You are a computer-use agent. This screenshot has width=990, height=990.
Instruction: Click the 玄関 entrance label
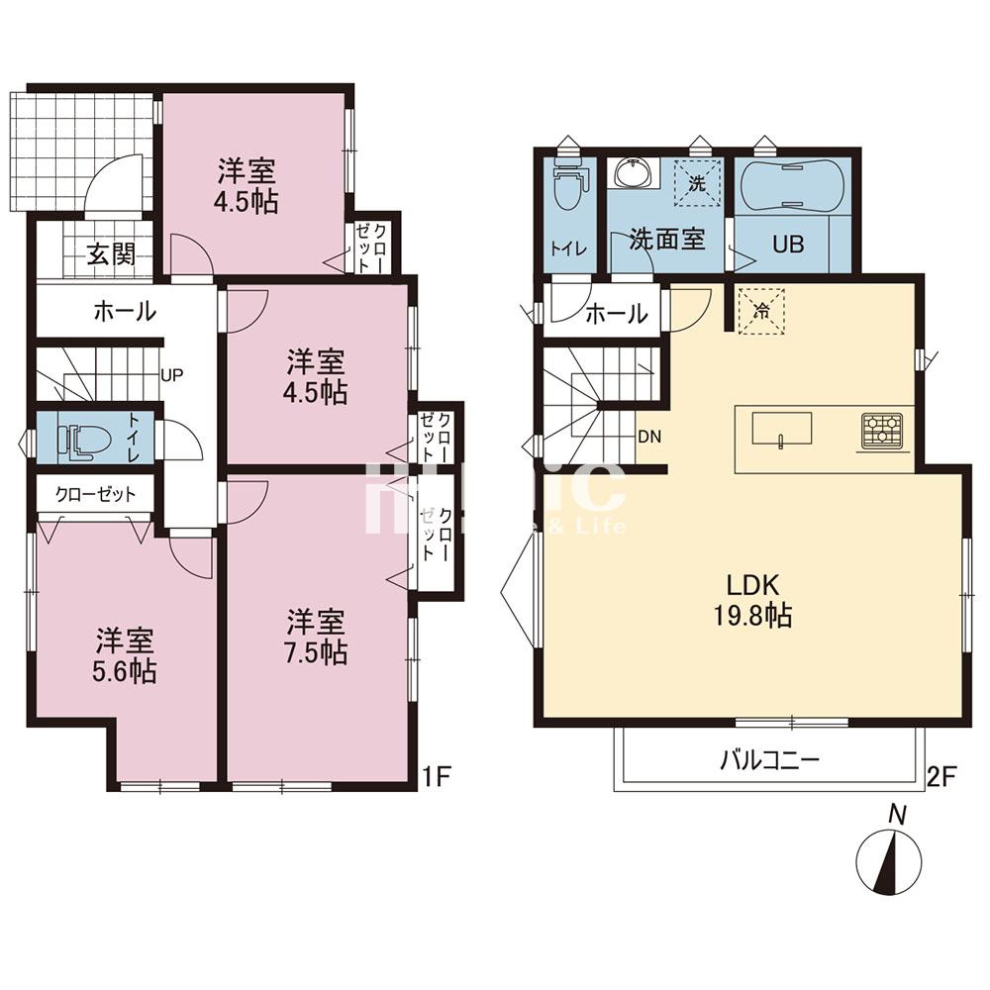coord(110,254)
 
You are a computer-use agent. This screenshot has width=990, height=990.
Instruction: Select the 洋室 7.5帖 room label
coord(317,638)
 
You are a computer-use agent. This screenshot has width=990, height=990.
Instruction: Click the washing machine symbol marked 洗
coord(697,181)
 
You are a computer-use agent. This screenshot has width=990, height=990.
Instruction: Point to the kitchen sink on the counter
coord(781,431)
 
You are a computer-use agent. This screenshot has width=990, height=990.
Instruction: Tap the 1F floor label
coord(439,775)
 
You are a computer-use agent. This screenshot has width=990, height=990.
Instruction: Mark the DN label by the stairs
coord(649,436)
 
